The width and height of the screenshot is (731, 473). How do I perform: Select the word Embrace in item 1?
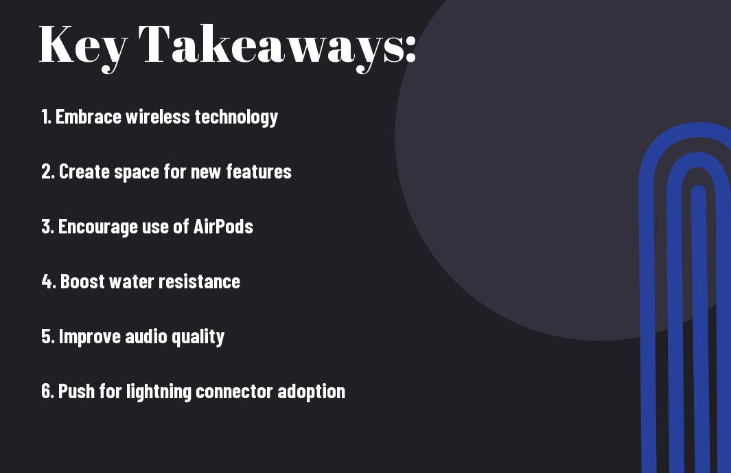pos(89,117)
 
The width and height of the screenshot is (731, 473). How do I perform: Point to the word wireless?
pos(158,117)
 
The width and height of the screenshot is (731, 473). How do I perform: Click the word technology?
pos(236,117)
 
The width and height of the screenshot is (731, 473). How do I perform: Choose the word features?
pos(259,172)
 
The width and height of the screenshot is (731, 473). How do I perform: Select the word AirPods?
pos(223,227)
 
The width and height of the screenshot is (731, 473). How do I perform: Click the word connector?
pos(235,392)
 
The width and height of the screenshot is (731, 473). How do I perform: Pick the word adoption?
pos(312,392)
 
